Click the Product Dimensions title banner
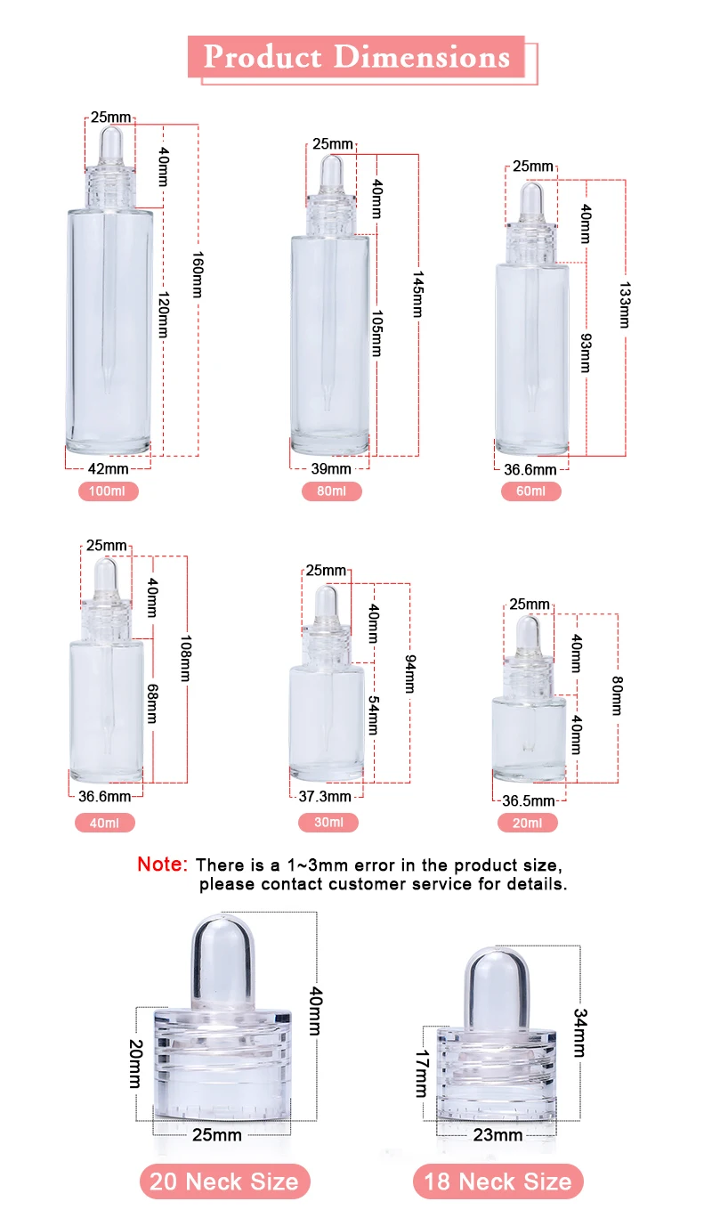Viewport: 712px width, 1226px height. pos(357,57)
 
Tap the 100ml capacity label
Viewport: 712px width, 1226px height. pos(109,491)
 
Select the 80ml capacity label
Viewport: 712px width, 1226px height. pos(331,491)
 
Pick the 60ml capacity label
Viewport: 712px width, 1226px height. pos(531,491)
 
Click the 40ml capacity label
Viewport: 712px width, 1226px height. pos(105,823)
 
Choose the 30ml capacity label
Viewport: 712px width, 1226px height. pos(328,823)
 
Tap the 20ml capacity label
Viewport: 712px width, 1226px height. pos(528,823)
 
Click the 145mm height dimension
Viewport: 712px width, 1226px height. pos(418,293)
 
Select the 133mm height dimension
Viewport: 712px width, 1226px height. pos(624,305)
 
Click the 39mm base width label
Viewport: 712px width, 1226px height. pos(331,468)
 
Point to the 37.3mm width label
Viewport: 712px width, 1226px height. pos(326,797)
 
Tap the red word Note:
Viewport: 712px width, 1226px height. pos(162,865)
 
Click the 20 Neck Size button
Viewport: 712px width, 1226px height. pos(224,1182)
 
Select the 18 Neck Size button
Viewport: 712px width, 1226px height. pos(498,1182)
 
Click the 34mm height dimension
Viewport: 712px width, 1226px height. pos(579,1033)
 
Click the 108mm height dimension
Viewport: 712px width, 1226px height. pos(186,658)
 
